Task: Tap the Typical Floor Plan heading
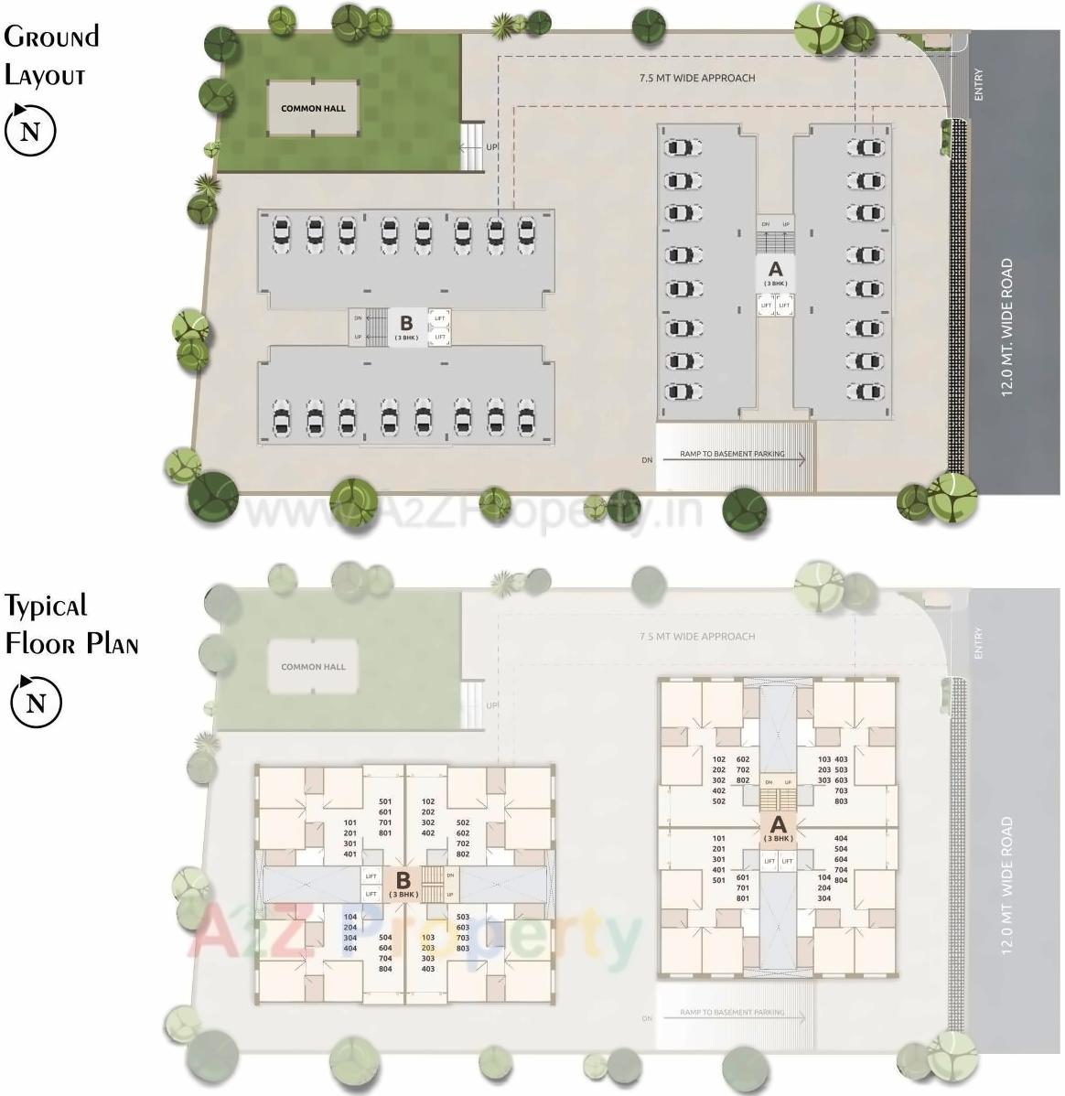(70, 624)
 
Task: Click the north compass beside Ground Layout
(31, 131)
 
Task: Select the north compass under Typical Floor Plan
(36, 703)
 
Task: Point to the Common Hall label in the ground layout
(313, 108)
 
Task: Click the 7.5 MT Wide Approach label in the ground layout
(697, 78)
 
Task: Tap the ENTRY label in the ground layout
(979, 85)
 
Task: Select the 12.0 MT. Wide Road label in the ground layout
(1007, 327)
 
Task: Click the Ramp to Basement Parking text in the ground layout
(732, 454)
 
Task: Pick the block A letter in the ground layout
(776, 269)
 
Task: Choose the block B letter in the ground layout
(406, 322)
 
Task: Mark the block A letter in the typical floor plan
(778, 824)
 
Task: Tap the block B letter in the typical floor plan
(403, 880)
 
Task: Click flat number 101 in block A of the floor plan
(718, 838)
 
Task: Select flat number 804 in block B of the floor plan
(385, 969)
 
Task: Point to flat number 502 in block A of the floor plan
(718, 801)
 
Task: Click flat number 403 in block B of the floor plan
(428, 969)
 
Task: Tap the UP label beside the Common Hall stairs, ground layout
(492, 146)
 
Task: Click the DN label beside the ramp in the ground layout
(648, 460)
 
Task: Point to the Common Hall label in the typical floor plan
(313, 667)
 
